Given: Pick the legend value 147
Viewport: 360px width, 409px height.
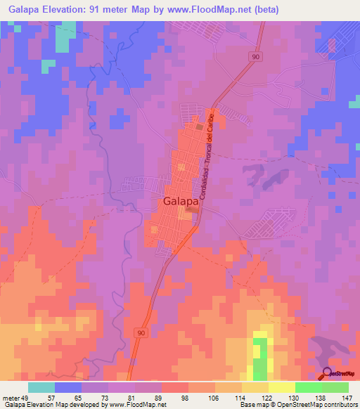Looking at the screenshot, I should (x=346, y=396).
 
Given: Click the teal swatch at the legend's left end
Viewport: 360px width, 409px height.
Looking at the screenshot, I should (x=41, y=387).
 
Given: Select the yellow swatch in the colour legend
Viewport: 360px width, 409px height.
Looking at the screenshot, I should (x=281, y=387).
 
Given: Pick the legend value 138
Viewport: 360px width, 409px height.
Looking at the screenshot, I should (x=320, y=396).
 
